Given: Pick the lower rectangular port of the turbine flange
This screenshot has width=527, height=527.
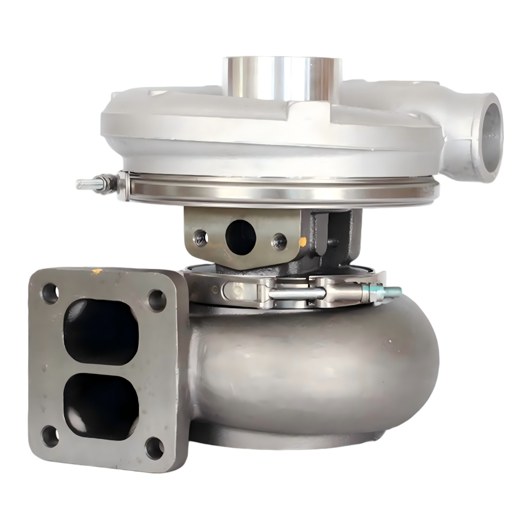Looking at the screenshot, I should [x=101, y=406].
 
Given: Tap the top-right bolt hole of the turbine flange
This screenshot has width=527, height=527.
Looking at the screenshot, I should [x=157, y=300].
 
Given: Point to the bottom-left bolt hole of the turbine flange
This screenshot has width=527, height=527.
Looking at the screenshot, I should [x=50, y=436].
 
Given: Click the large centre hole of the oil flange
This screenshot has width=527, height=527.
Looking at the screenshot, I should [x=241, y=237].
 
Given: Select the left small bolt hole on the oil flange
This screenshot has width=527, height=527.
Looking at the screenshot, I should [x=201, y=238].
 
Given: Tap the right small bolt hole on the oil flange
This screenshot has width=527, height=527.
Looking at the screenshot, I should [x=279, y=241].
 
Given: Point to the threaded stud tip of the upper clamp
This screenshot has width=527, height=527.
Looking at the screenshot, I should [x=82, y=184].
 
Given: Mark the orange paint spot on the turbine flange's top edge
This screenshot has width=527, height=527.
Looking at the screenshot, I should [x=96, y=271].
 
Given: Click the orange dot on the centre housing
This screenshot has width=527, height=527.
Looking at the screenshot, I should [x=303, y=241].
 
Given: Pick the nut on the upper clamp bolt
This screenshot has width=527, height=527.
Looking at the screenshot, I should [x=107, y=183].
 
